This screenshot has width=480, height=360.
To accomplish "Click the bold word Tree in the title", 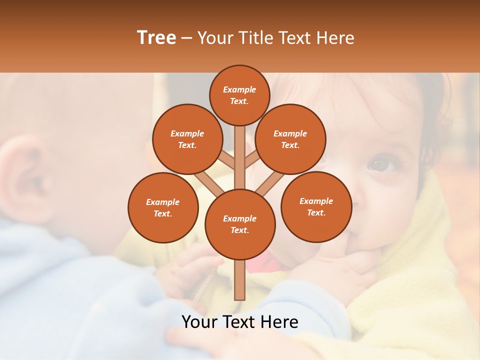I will [x=156, y=38].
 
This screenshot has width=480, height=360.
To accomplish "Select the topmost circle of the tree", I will [x=239, y=95].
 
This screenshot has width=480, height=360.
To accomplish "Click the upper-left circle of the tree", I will [x=187, y=139].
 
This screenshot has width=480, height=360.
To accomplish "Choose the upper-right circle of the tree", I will [x=290, y=139].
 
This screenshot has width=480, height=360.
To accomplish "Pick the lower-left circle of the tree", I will [x=163, y=207].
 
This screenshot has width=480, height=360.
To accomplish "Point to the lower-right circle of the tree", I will [x=316, y=206].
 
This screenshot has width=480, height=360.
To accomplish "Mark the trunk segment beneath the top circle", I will [x=240, y=155].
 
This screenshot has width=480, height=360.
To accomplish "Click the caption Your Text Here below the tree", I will [x=240, y=322].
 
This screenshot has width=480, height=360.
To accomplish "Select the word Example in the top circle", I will [x=239, y=89].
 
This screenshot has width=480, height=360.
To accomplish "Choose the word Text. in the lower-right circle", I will [x=316, y=212].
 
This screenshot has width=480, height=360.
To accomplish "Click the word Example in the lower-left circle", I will [x=162, y=202].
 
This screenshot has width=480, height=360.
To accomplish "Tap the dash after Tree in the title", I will [x=186, y=38].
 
